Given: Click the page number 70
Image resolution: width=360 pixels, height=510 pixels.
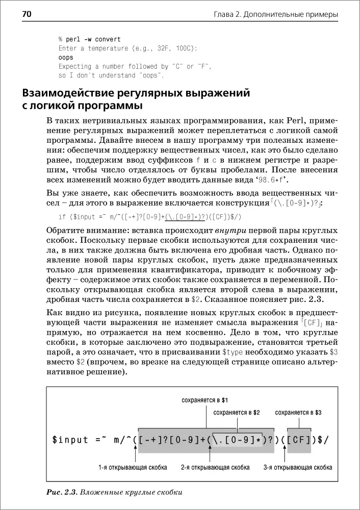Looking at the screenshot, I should pyautogui.click(x=13, y=14).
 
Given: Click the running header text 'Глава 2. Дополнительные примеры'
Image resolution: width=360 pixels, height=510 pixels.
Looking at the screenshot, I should pyautogui.click(x=275, y=15).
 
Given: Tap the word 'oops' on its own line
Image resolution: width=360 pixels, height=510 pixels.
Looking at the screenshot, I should pyautogui.click(x=66, y=58).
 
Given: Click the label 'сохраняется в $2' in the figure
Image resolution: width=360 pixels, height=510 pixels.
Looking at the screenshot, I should pyautogui.click(x=237, y=412).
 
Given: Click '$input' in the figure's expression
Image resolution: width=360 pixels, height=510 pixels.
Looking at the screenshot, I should pyautogui.click(x=70, y=440).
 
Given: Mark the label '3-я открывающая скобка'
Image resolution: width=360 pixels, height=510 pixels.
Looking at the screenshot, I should pyautogui.click(x=298, y=467).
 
